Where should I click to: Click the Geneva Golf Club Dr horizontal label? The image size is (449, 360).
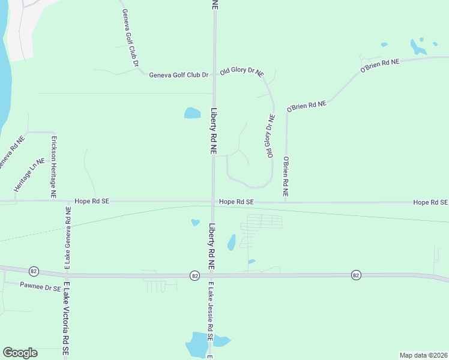(178, 75)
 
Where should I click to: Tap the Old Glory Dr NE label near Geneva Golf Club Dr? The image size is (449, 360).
(242, 72)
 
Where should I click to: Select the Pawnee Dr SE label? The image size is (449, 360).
(40, 287)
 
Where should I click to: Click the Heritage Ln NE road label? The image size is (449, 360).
(30, 175)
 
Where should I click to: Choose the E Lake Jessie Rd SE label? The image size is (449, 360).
(211, 312)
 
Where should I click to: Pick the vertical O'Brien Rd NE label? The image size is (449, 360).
(286, 178)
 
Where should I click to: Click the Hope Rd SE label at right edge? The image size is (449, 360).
(430, 203)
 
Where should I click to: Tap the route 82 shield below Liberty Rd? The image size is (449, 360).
(194, 275)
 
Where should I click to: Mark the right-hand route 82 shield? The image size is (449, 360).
(356, 275)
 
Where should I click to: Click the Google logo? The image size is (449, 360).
(20, 353)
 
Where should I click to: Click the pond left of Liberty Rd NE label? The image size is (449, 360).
(192, 113)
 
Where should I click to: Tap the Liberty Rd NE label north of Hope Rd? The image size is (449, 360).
(213, 132)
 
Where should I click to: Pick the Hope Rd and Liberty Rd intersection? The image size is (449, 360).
(213, 202)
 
